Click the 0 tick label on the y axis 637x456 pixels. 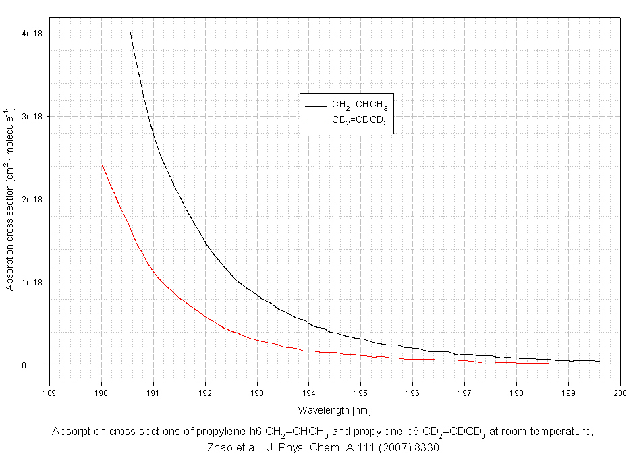tap(42, 366)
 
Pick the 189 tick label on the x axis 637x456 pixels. tap(49, 391)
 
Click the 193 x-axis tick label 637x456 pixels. tap(257, 391)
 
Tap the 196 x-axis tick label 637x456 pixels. tap(412, 391)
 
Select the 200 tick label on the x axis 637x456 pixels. tap(620, 391)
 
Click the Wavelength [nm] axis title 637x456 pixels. tap(334, 409)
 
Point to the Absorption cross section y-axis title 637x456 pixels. tap(10, 199)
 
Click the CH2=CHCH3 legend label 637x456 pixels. tap(359, 105)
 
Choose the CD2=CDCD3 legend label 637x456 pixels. tap(359, 120)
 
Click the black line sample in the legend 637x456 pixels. tap(315, 105)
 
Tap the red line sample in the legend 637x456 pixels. tap(315, 120)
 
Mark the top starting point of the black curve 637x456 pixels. tap(130, 30)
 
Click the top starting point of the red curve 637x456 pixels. tap(102, 165)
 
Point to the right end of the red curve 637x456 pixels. tap(548, 363)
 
